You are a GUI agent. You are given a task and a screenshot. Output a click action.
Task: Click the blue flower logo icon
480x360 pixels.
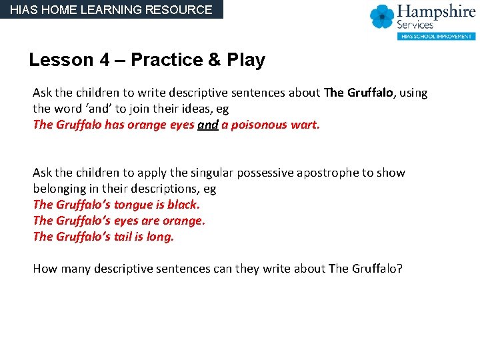pyautogui.click(x=383, y=16)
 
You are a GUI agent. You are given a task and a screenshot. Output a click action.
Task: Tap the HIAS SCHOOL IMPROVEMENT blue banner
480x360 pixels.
pyautogui.click(x=436, y=36)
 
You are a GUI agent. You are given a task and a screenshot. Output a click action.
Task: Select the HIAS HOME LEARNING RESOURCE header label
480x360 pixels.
pyautogui.click(x=111, y=9)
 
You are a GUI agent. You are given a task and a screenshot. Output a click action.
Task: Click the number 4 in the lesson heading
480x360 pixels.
pyautogui.click(x=105, y=60)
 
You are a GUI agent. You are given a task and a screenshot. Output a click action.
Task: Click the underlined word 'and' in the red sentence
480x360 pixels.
pyautogui.click(x=208, y=125)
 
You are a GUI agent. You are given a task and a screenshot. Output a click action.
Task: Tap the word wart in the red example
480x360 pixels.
pyautogui.click(x=305, y=125)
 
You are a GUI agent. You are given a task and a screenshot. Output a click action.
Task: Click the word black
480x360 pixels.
pyautogui.click(x=183, y=205)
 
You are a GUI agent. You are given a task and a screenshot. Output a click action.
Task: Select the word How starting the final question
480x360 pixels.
pyautogui.click(x=45, y=269)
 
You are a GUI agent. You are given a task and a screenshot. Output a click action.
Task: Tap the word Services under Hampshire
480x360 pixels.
pyautogui.click(x=416, y=25)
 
